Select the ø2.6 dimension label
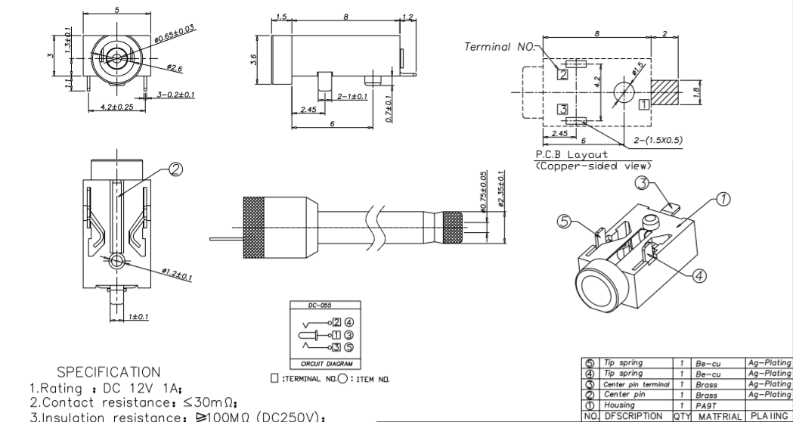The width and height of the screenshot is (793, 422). (174, 68)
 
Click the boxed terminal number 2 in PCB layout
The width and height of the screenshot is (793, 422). (561, 74)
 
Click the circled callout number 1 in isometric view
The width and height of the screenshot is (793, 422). (723, 200)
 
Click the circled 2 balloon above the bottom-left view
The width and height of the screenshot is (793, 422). (175, 170)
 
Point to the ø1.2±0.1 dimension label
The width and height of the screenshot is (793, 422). (176, 274)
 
